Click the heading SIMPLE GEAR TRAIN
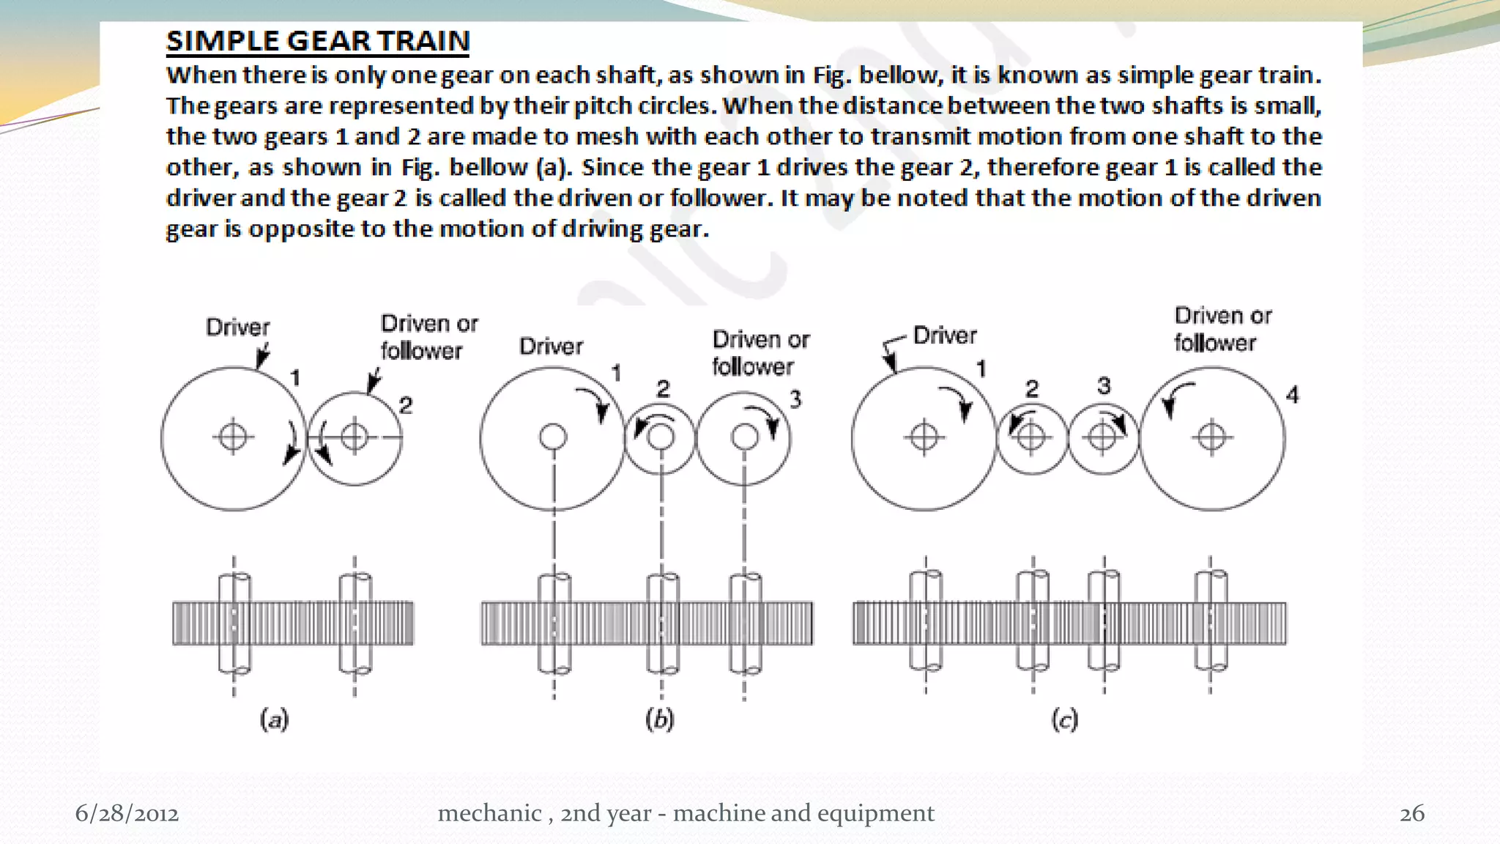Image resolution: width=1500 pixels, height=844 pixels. pyautogui.click(x=317, y=41)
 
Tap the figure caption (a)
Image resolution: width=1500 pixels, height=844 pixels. pyautogui.click(x=275, y=719)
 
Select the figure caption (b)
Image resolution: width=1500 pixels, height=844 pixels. pyautogui.click(x=659, y=719)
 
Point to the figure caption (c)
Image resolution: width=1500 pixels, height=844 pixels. pyautogui.click(x=1064, y=719)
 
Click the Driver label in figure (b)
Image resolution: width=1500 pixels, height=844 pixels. pyautogui.click(x=551, y=347)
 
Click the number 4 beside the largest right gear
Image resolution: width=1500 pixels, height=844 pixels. pyautogui.click(x=1292, y=396)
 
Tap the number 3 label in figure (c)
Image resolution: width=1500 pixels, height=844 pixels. pyautogui.click(x=1104, y=386)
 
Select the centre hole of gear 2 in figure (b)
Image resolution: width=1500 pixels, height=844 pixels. pyautogui.click(x=661, y=437)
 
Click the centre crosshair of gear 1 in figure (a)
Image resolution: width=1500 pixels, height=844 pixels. pyautogui.click(x=233, y=437)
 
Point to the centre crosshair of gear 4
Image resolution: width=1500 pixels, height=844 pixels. pyautogui.click(x=1211, y=437)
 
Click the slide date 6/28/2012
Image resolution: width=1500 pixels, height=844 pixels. pyautogui.click(x=127, y=813)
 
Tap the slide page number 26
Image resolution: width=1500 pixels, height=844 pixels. pyautogui.click(x=1411, y=813)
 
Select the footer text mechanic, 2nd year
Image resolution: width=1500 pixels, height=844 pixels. pyautogui.click(x=686, y=813)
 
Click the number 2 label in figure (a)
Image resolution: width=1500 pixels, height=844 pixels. pyautogui.click(x=406, y=405)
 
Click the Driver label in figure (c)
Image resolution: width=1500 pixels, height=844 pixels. pyautogui.click(x=944, y=336)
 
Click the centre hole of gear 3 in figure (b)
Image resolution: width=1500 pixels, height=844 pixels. pyautogui.click(x=745, y=437)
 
